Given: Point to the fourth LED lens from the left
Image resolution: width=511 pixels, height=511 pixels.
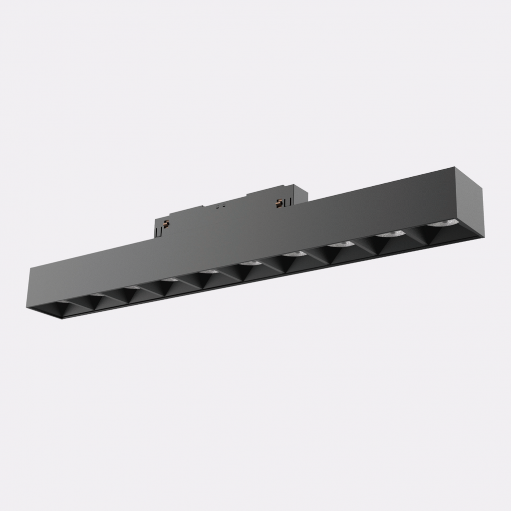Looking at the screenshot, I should (x=170, y=279).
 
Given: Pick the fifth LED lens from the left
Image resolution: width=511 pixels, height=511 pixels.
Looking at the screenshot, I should (x=209, y=271).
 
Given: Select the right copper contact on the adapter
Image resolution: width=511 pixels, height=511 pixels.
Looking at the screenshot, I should (x=280, y=201).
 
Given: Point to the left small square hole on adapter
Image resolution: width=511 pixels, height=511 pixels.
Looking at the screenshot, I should (x=218, y=206).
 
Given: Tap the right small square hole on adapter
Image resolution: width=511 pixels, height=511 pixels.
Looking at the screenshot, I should (x=224, y=205).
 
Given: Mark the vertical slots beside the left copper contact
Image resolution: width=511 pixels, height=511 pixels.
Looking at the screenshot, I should (x=159, y=231).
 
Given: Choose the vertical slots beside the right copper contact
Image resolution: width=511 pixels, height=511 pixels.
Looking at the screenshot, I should (x=285, y=202).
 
